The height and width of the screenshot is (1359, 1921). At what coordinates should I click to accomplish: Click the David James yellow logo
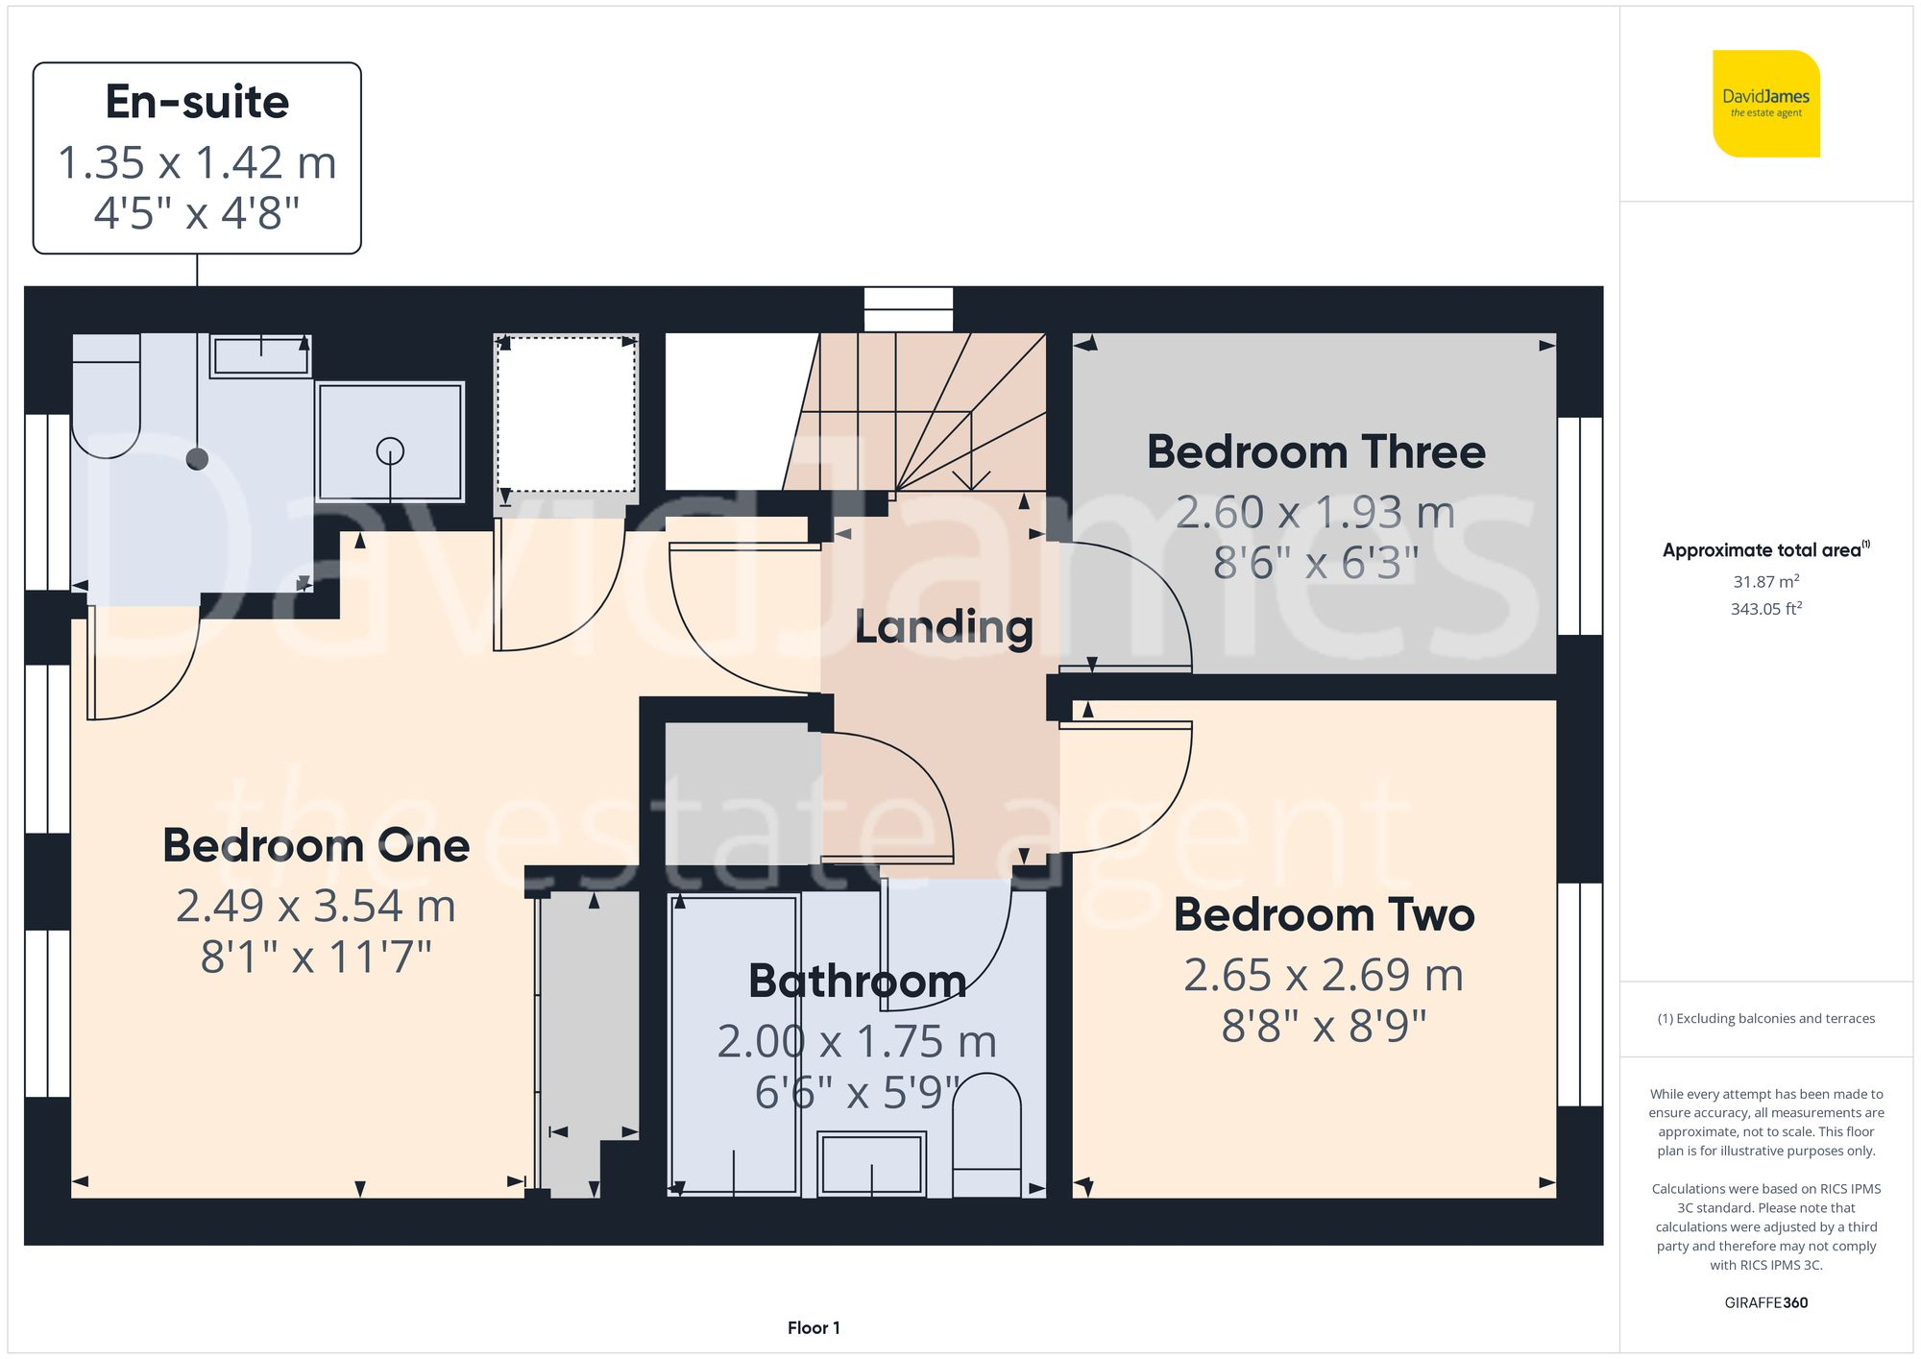(1765, 104)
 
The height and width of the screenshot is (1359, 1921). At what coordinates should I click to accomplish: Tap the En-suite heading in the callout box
(197, 102)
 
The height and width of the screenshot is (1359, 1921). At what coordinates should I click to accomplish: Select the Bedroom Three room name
(1315, 452)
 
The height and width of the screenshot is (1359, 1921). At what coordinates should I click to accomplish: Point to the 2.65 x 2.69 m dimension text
(1323, 976)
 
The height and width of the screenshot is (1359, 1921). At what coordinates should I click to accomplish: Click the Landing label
(943, 626)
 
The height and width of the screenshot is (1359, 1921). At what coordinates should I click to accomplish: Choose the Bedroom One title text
(316, 846)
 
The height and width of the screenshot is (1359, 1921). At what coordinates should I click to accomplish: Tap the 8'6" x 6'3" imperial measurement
(1315, 563)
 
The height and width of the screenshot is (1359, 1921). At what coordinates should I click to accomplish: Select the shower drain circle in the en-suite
(390, 450)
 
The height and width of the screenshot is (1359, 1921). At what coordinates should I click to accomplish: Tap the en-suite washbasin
(260, 356)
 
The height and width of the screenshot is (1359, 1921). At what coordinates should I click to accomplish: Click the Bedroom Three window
(1579, 526)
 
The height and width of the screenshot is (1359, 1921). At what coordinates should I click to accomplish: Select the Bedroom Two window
(1579, 994)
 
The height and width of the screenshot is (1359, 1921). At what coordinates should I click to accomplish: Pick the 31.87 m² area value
(1765, 582)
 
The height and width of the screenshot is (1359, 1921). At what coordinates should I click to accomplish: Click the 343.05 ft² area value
(1765, 609)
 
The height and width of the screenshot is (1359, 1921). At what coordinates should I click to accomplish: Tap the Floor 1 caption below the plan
(814, 1328)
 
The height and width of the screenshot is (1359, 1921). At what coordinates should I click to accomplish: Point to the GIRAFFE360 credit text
(1765, 1303)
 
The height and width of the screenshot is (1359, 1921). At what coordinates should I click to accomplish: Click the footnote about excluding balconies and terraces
(1765, 1019)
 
